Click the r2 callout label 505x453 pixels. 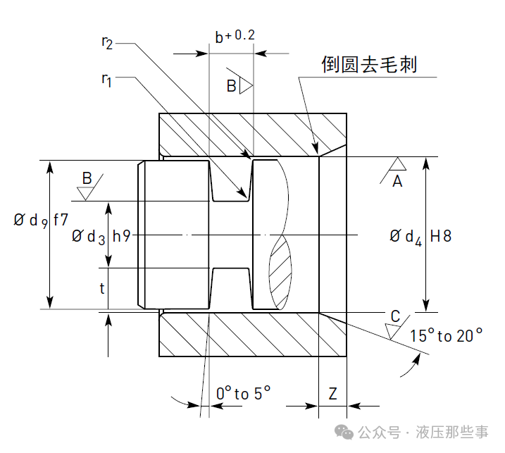106,44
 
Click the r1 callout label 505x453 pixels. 106,79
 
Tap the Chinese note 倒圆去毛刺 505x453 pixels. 369,66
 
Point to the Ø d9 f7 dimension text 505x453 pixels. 41,220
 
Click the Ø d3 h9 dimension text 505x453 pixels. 101,237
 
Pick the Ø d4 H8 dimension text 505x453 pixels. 420,236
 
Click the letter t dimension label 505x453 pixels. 102,288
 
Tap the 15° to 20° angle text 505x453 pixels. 447,336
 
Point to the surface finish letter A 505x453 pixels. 397,182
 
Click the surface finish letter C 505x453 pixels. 395,316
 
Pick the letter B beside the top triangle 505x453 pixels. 232,86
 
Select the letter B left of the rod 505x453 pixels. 87,178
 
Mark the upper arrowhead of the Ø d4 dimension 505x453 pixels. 426,163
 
